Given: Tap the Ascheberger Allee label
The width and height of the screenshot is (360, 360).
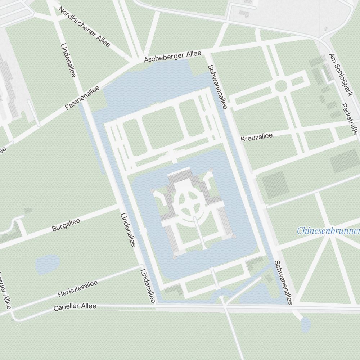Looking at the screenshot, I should click(172, 57).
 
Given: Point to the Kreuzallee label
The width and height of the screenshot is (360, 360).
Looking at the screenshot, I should click(256, 137).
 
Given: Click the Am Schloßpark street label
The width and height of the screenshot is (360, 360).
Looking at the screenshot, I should click(340, 75).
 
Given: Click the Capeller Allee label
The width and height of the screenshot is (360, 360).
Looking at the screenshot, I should click(75, 307).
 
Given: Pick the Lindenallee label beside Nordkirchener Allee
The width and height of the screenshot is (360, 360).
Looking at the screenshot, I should click(68, 60).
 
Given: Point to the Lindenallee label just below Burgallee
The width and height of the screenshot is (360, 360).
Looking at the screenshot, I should click(128, 229).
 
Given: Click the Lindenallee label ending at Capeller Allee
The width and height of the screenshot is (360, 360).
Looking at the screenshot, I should click(148, 286).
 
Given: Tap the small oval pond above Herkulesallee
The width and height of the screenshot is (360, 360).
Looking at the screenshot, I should click(47, 265).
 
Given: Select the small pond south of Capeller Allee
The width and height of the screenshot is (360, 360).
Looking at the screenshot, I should click(306, 324).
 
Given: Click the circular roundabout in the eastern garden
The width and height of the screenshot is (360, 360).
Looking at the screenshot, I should click(281, 86).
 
